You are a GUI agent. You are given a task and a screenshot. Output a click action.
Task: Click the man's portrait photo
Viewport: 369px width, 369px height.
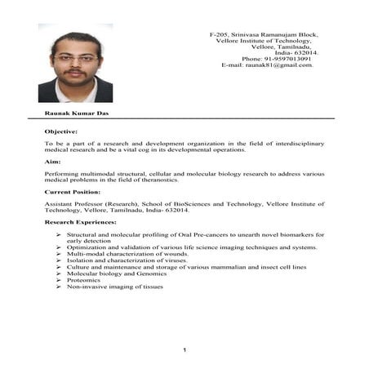(75, 62)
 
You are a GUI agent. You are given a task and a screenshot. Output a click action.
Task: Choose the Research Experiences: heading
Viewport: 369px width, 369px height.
(80, 222)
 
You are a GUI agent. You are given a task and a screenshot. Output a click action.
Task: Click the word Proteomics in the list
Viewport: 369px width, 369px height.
(83, 280)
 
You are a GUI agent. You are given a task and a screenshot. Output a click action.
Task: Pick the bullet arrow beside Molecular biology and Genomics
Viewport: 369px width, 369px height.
(59, 273)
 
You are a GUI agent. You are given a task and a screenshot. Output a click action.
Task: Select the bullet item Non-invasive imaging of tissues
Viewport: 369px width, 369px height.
(114, 287)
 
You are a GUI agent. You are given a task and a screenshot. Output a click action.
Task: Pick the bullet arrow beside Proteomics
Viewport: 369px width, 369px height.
(59, 280)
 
